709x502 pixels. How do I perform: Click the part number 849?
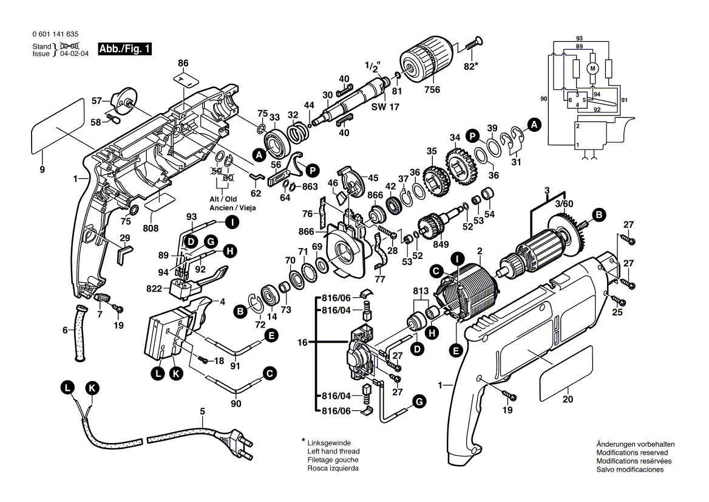[x=441, y=245]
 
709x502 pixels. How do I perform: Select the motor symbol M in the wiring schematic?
[x=593, y=68]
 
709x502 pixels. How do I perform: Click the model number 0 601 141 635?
[x=54, y=35]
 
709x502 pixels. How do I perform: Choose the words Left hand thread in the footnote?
[x=333, y=452]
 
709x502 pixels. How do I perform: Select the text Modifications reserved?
[x=632, y=453]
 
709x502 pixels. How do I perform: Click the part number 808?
[x=151, y=228]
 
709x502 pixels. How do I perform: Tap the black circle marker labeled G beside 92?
[x=210, y=241]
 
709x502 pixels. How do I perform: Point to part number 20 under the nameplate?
[x=568, y=399]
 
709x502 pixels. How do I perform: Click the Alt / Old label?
[x=224, y=199]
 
